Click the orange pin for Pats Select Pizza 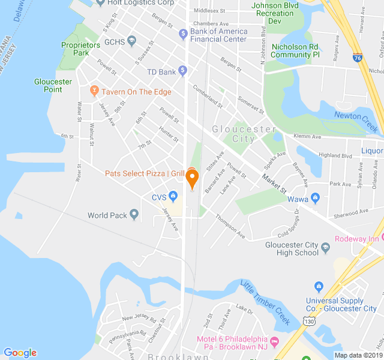pos(192,178)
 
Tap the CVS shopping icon pos(173,196)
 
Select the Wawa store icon pos(316,198)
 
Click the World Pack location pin pos(134,214)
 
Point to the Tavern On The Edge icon pos(94,91)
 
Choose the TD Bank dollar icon pos(183,71)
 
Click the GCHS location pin pos(131,42)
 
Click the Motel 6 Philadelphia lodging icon pos(275,341)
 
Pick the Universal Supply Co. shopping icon pos(319,287)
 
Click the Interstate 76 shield pos(358,58)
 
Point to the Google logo pos(20,352)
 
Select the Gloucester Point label pos(53,85)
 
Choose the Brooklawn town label pos(178,356)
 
